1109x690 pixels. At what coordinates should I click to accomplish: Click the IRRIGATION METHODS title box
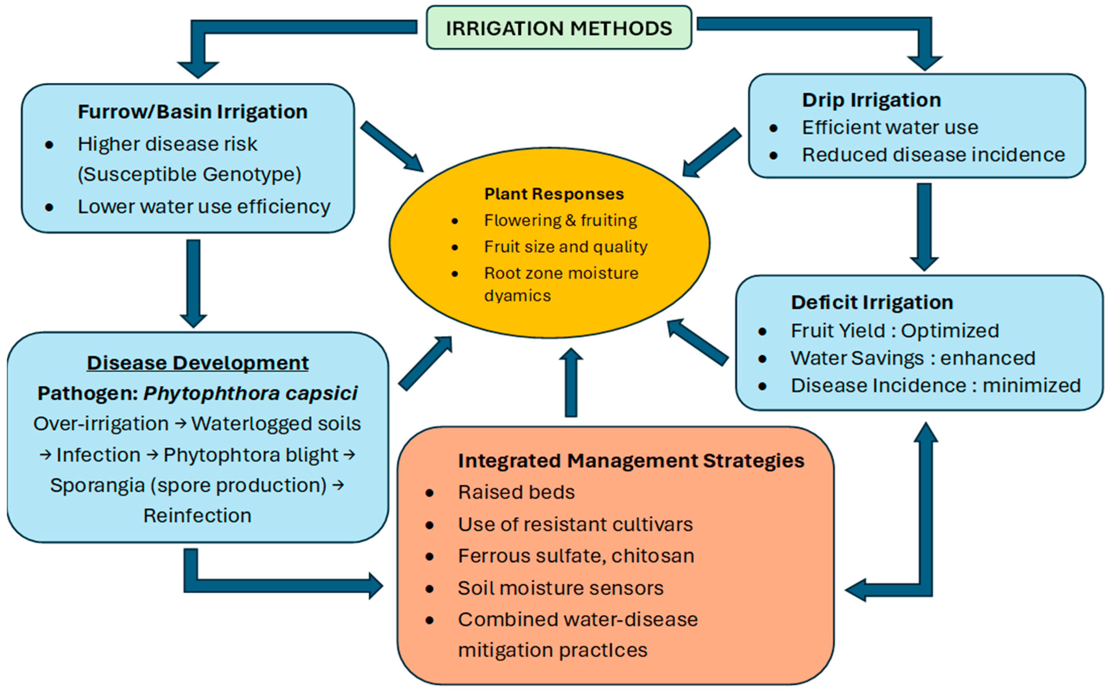(x=559, y=27)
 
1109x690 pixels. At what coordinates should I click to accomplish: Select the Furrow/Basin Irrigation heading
(x=193, y=112)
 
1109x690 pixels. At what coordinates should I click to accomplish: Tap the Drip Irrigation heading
(x=871, y=100)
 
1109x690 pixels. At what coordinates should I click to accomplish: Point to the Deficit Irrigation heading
(x=872, y=302)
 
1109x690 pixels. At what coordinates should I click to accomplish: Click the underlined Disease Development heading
(x=198, y=363)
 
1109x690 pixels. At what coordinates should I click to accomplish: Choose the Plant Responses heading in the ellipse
(x=554, y=194)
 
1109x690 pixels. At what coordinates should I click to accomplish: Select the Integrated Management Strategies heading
(x=631, y=461)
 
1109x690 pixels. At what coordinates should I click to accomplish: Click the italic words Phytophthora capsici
(x=250, y=393)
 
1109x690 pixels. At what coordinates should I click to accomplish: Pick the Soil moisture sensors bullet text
(x=561, y=588)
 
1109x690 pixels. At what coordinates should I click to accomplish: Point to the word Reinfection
(x=197, y=516)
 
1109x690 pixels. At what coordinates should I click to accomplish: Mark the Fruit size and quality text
(x=566, y=247)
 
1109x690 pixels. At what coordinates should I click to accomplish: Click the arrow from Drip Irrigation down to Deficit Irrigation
(x=924, y=227)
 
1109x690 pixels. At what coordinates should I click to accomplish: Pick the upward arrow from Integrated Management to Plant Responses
(x=571, y=382)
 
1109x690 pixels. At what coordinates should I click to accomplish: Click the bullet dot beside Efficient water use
(x=773, y=128)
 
